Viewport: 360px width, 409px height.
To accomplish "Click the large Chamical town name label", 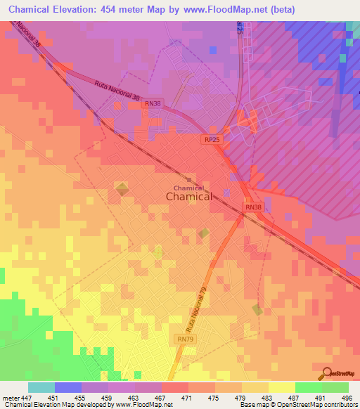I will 189,197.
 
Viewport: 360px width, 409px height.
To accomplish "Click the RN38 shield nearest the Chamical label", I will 254,207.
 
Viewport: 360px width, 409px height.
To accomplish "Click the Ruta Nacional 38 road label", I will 118,89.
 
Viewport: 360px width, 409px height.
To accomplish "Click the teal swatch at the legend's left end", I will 41,387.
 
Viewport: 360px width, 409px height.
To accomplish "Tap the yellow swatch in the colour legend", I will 281,387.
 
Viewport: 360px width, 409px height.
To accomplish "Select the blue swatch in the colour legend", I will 68,387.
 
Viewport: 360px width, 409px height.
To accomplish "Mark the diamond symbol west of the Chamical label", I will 122,188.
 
